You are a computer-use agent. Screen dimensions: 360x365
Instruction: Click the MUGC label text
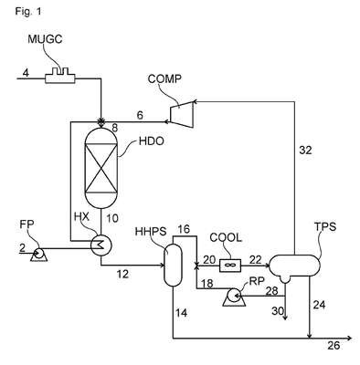[x=45, y=39]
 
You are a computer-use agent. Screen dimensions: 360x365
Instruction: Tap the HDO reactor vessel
[x=101, y=168]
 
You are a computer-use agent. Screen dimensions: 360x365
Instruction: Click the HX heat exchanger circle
[x=101, y=245]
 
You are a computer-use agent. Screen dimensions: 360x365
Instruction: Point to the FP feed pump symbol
[x=38, y=255]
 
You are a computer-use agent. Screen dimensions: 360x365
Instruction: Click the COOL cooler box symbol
[x=230, y=266]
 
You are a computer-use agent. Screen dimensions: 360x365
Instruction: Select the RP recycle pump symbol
[x=234, y=297]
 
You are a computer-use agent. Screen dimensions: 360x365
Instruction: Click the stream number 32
[x=305, y=150]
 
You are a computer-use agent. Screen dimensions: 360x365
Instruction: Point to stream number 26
[x=334, y=346]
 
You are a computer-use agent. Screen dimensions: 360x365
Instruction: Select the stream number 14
[x=182, y=313]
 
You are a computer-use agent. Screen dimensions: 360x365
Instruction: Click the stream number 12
[x=122, y=275]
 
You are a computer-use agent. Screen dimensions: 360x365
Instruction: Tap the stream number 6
[x=140, y=115]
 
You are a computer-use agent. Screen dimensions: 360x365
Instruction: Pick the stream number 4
[x=26, y=73]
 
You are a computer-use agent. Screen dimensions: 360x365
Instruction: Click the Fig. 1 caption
[x=28, y=12]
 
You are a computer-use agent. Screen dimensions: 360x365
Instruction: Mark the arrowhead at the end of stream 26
[x=349, y=338]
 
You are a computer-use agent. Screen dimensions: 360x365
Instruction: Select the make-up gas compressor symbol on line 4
[x=60, y=75]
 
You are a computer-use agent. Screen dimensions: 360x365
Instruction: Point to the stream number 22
[x=256, y=259]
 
